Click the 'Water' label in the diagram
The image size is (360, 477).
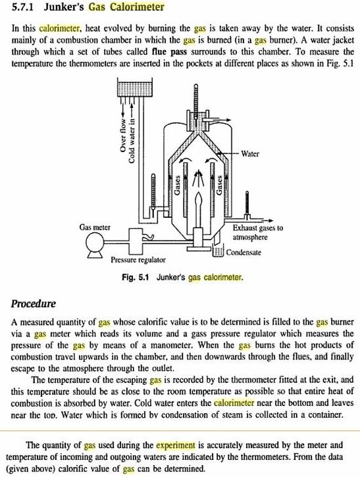251,154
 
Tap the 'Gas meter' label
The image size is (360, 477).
95,227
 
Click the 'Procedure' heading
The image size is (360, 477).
34,304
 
